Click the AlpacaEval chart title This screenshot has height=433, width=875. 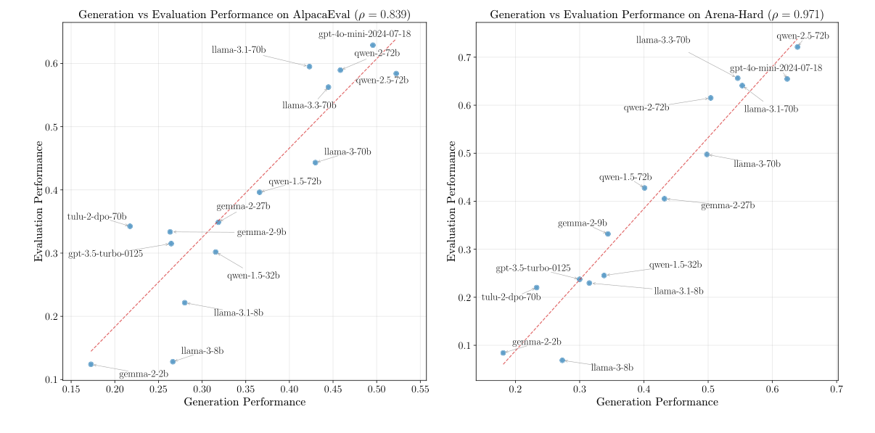coord(244,15)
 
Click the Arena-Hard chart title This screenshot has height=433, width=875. coord(657,15)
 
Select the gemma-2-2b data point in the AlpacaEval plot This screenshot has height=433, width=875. coord(91,364)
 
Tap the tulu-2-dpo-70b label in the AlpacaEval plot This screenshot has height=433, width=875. coord(97,216)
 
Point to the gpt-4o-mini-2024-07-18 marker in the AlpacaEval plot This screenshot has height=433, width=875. coord(373,45)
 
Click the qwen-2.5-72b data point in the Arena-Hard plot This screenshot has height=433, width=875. coord(797,46)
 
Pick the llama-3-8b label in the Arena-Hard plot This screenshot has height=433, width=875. coord(612,368)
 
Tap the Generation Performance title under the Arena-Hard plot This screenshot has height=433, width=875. coord(657,402)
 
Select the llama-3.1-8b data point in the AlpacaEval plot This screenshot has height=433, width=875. coord(185,302)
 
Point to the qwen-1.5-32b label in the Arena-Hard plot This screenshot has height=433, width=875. coord(675,265)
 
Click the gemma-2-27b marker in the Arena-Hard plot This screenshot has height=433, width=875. coord(664,199)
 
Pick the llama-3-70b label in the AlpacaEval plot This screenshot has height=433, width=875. coord(348,152)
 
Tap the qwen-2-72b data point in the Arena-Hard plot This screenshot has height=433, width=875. coord(710,98)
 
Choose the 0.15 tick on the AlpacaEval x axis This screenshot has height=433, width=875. coord(70,389)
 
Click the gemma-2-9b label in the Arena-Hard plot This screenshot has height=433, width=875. coord(583,223)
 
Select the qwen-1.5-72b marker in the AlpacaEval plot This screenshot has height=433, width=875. coord(260,192)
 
